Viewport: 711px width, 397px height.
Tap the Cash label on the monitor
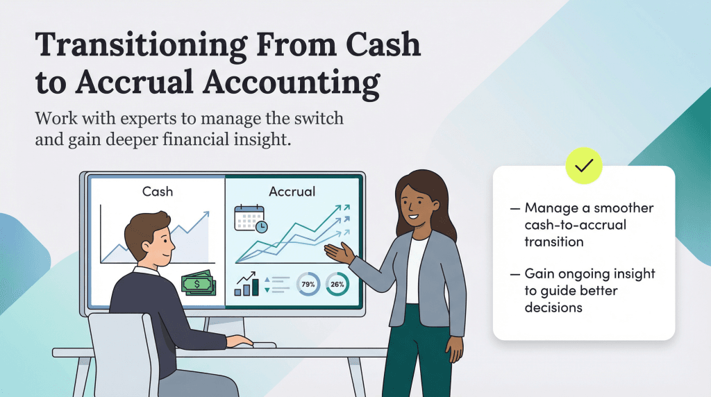pyautogui.click(x=158, y=191)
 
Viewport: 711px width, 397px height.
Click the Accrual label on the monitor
pyautogui.click(x=292, y=191)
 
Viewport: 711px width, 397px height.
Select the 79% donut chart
pyautogui.click(x=308, y=284)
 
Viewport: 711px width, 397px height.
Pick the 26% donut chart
pyautogui.click(x=337, y=284)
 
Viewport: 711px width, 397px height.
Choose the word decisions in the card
pyautogui.click(x=553, y=307)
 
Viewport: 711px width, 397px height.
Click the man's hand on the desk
pyautogui.click(x=240, y=341)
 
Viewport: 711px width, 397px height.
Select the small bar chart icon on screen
pyautogui.click(x=246, y=284)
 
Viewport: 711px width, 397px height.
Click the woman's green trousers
pyautogui.click(x=417, y=354)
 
